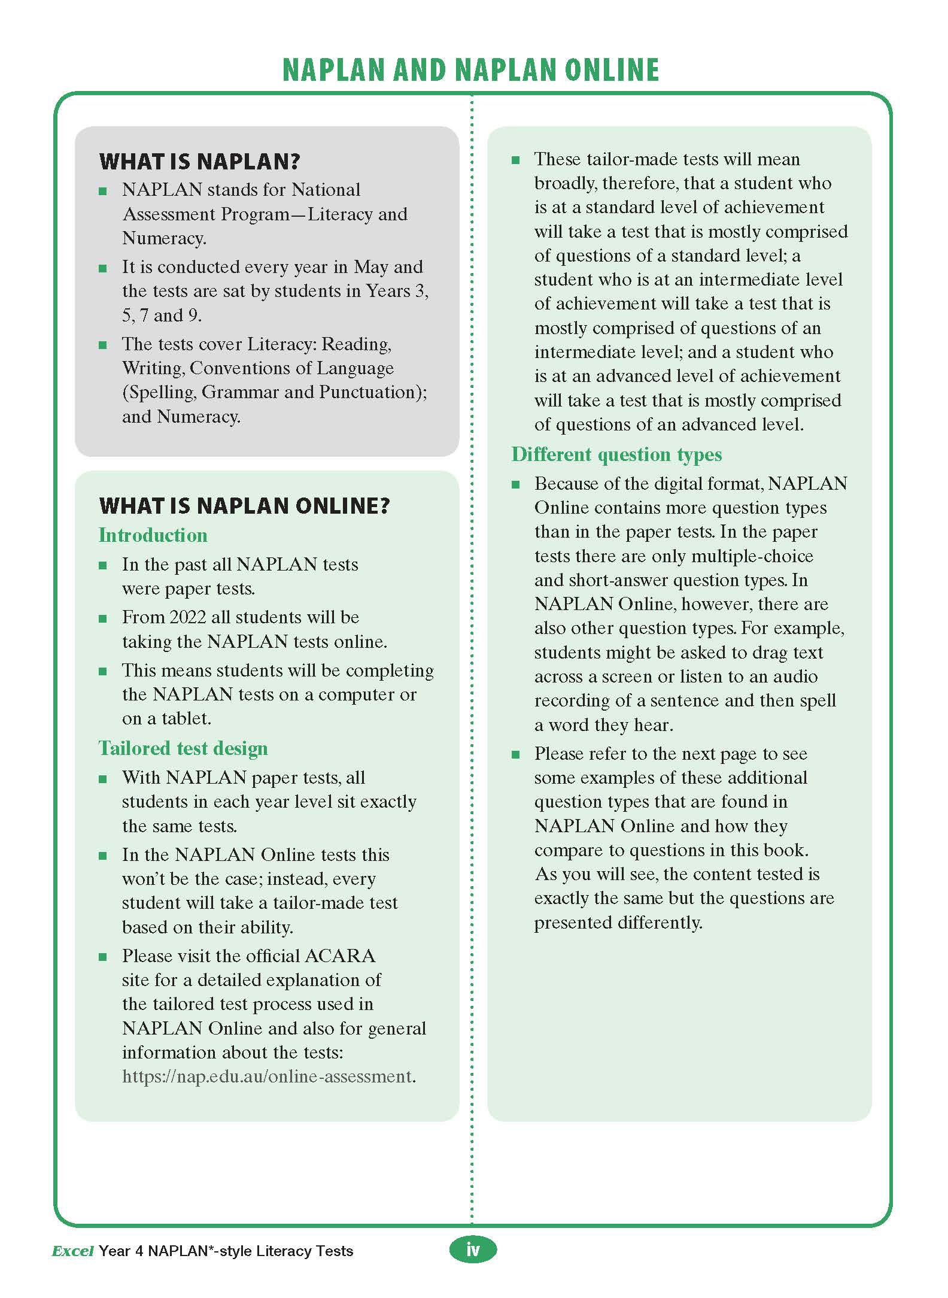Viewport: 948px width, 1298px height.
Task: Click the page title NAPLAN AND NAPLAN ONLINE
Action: coord(470,70)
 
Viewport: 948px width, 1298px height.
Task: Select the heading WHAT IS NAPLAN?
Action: coord(199,162)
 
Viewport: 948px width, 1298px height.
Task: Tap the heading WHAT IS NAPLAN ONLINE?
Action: coord(244,507)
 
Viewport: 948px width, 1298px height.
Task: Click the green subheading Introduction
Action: coord(153,535)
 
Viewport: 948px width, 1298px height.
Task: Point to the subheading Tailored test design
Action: coord(183,748)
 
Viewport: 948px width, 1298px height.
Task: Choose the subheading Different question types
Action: coord(616,454)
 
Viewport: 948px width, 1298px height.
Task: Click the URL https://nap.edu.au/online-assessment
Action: coord(267,1076)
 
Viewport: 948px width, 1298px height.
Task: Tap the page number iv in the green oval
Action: coord(473,1250)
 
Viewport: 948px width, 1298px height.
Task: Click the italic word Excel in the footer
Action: coord(72,1251)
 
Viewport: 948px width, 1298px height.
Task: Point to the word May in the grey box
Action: coord(370,267)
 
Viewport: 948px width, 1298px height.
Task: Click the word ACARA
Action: coord(340,956)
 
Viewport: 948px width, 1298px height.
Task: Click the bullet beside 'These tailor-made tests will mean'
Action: coord(516,160)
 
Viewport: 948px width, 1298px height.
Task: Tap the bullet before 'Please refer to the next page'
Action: coord(516,755)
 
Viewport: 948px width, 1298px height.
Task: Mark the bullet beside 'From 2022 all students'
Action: coord(103,618)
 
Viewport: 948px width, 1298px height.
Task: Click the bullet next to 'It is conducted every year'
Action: coord(103,268)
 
